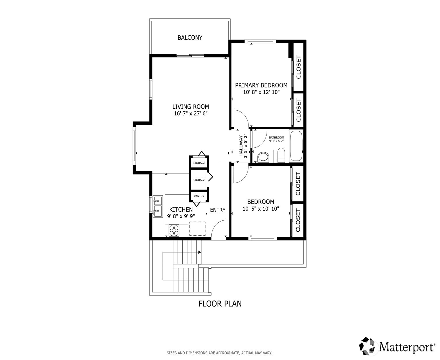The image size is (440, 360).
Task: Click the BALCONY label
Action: [x=190, y=38]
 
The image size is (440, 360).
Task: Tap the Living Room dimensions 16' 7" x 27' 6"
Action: [x=191, y=113]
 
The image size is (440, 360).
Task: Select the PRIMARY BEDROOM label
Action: [x=261, y=85]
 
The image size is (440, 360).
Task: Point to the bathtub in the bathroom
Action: [x=296, y=146]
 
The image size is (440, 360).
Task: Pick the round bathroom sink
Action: [x=263, y=157]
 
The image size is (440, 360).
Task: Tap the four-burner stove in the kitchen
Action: [x=174, y=230]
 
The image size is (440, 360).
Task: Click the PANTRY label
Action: [x=199, y=196]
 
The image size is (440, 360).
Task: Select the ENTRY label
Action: [x=218, y=210]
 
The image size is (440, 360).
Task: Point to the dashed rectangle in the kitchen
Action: [x=197, y=229]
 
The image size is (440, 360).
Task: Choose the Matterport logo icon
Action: [x=368, y=346]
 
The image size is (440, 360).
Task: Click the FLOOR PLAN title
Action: [x=220, y=304]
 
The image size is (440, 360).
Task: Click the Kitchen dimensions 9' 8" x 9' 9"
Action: [x=181, y=216]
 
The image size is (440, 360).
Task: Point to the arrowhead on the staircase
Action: [x=199, y=252]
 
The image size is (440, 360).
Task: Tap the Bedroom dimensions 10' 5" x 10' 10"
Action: [x=261, y=209]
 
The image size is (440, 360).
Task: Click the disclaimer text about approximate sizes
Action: [x=219, y=353]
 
